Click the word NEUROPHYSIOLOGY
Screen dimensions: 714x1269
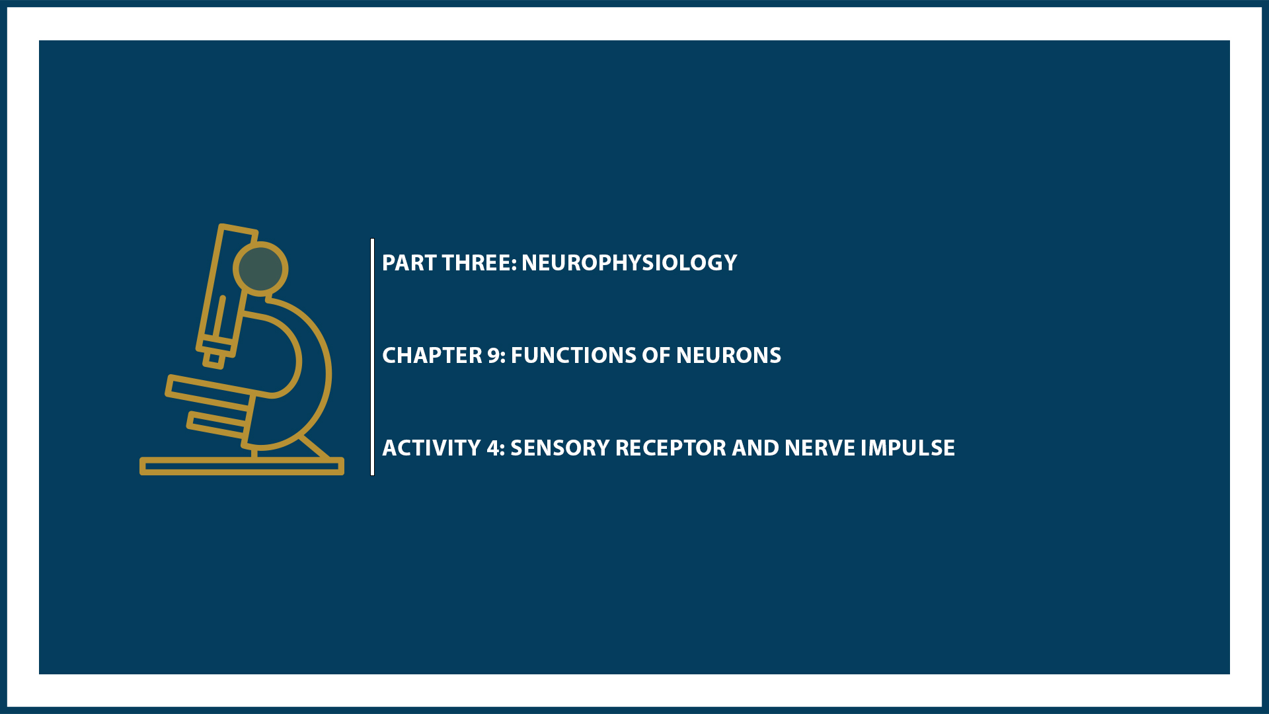(629, 263)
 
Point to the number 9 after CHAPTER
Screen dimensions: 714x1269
(494, 356)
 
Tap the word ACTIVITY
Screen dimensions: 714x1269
(432, 448)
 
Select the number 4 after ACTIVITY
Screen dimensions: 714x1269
(494, 448)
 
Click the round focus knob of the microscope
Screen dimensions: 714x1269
(260, 268)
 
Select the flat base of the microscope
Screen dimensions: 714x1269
(242, 466)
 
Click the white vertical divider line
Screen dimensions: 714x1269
(373, 357)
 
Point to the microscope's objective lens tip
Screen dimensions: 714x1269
(213, 360)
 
